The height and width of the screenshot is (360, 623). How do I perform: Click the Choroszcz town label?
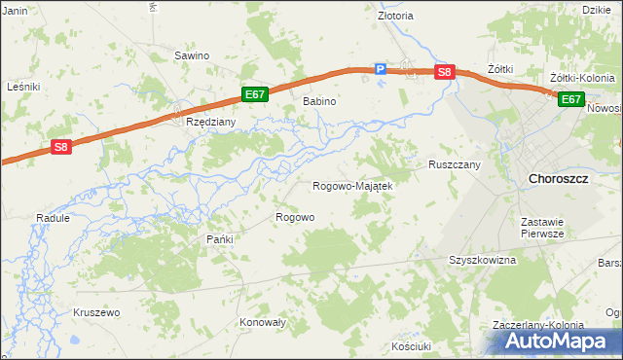click(x=558, y=179)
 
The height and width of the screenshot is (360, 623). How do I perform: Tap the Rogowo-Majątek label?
click(x=351, y=186)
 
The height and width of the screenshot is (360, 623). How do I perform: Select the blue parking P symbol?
click(x=382, y=68)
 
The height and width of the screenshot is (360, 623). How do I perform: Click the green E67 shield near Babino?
click(x=255, y=94)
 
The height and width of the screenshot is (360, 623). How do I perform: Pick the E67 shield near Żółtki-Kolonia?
click(x=570, y=98)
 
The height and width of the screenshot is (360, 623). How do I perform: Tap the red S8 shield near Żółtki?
click(x=444, y=72)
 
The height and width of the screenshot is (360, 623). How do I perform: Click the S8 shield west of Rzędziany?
click(x=61, y=147)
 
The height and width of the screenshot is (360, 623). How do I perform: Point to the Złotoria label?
click(x=395, y=16)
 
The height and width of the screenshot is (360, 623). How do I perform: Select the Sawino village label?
click(x=192, y=55)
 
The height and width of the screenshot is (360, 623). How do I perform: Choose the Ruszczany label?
click(x=455, y=165)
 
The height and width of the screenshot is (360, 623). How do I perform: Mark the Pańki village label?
click(x=216, y=238)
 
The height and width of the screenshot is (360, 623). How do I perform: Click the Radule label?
click(x=53, y=218)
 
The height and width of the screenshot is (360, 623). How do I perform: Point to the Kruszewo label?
click(x=95, y=312)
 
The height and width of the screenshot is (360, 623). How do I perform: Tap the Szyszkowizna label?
click(x=482, y=261)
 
